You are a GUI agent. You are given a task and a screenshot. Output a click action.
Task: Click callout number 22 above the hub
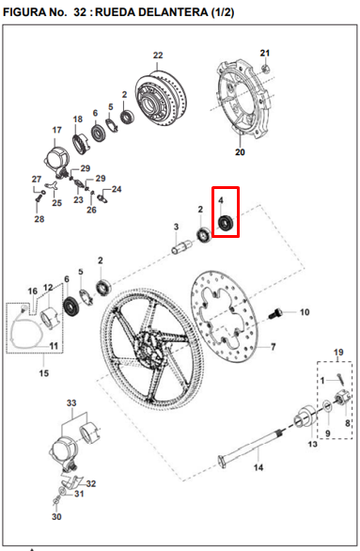click(158, 55)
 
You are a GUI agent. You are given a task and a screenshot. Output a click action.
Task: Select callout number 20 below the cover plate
click(239, 151)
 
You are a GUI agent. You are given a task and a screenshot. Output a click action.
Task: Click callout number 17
click(57, 130)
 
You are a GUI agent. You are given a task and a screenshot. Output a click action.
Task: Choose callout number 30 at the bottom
click(56, 517)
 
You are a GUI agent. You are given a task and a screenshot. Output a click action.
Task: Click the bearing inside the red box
click(224, 223)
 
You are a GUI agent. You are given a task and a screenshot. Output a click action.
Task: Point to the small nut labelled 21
click(265, 69)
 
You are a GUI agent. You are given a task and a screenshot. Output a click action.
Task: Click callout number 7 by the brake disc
click(274, 347)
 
